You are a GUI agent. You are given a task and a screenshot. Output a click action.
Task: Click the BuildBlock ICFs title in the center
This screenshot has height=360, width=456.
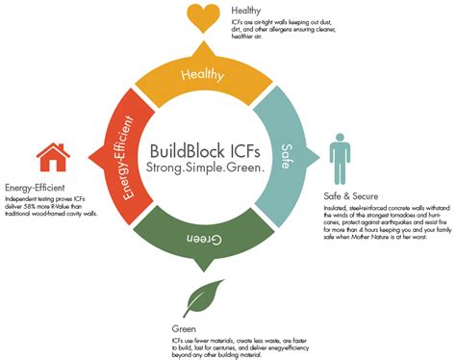[205, 151]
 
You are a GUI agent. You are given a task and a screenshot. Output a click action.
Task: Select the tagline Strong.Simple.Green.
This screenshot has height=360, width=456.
[205, 168]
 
